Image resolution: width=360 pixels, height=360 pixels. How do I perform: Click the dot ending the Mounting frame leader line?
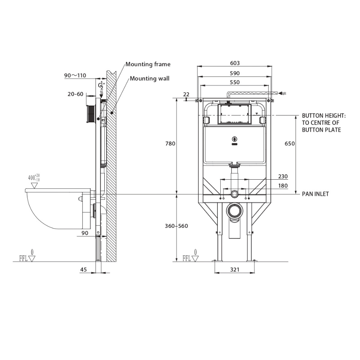click(98, 118)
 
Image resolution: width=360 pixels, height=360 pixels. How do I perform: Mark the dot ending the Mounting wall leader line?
click(112, 112)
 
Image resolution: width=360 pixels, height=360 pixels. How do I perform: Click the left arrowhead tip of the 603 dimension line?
click(197, 66)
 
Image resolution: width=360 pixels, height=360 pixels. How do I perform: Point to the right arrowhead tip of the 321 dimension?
click(255, 273)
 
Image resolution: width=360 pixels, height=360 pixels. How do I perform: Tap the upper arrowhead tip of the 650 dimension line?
click(296, 115)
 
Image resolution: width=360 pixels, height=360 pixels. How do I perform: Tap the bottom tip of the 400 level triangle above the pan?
click(35, 188)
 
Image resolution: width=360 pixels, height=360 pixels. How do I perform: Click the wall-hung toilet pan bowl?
click(57, 208)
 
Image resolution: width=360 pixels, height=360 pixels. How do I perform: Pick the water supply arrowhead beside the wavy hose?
click(280, 93)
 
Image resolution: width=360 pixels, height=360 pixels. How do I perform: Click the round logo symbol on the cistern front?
click(234, 139)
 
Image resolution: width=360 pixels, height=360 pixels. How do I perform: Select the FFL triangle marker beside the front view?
click(195, 259)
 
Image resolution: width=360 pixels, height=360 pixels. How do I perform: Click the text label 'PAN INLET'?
click(315, 194)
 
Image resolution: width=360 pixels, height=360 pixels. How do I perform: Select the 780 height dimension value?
click(170, 144)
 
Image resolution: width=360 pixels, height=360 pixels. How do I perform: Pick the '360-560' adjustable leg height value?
click(176, 226)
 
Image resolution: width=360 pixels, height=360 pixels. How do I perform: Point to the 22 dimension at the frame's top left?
click(186, 94)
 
